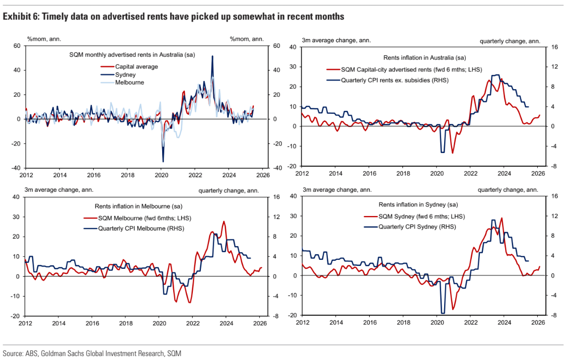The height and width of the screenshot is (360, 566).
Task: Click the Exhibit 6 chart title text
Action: [x=174, y=17]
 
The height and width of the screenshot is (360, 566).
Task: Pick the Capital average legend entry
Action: [x=136, y=66]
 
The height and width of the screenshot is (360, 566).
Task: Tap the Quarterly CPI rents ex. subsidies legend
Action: [x=395, y=80]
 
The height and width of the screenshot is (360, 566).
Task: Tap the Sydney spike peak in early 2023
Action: [x=213, y=56]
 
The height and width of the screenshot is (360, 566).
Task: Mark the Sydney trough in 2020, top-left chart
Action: [x=163, y=162]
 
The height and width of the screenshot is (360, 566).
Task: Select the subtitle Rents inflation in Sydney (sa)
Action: [x=418, y=204]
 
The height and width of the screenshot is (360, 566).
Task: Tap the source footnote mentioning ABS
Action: [x=92, y=353]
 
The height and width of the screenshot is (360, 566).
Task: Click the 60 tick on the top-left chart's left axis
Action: [x=17, y=46]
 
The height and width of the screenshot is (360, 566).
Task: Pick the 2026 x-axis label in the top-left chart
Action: [x=262, y=175]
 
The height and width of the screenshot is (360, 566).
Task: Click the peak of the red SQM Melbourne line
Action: [x=224, y=222]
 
